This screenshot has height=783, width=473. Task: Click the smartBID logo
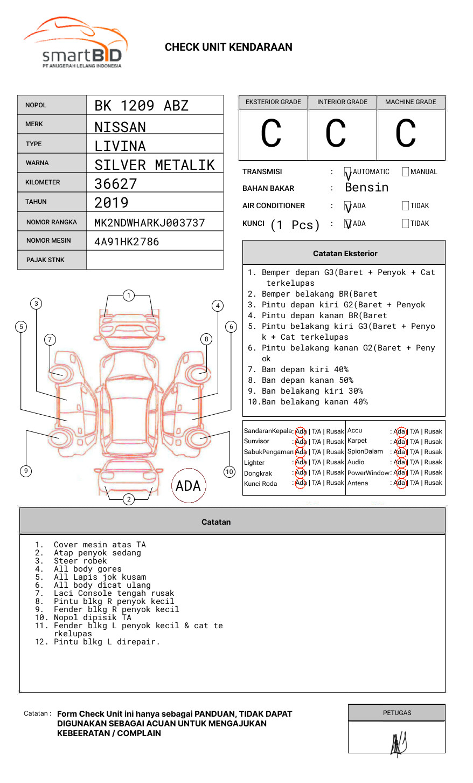pyautogui.click(x=75, y=43)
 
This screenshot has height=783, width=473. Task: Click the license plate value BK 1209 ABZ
pyautogui.click(x=141, y=106)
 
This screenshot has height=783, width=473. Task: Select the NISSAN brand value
pyautogui.click(x=120, y=127)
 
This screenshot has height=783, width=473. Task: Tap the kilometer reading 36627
pyautogui.click(x=116, y=184)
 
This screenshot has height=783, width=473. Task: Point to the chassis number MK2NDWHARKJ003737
pyautogui.click(x=150, y=223)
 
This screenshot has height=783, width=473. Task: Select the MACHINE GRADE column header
pyautogui.click(x=411, y=102)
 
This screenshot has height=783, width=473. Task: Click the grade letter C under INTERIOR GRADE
pyautogui.click(x=336, y=134)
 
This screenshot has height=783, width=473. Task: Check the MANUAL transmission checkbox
pyautogui.click(x=406, y=172)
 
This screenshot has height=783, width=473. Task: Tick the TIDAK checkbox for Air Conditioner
pyautogui.click(x=406, y=206)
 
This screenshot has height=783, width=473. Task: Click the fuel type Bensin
pyautogui.click(x=366, y=188)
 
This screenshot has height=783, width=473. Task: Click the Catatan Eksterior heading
pyautogui.click(x=345, y=253)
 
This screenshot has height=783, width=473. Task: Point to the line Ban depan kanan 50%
pyautogui.click(x=307, y=380)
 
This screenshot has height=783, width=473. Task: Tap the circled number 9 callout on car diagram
pyautogui.click(x=26, y=471)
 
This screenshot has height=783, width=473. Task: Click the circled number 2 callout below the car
pyautogui.click(x=129, y=499)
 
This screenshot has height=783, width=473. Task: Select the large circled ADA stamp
pyautogui.click(x=188, y=485)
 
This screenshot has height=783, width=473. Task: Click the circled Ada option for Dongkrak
pyautogui.click(x=301, y=473)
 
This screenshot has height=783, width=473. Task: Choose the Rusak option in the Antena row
pyautogui.click(x=433, y=483)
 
